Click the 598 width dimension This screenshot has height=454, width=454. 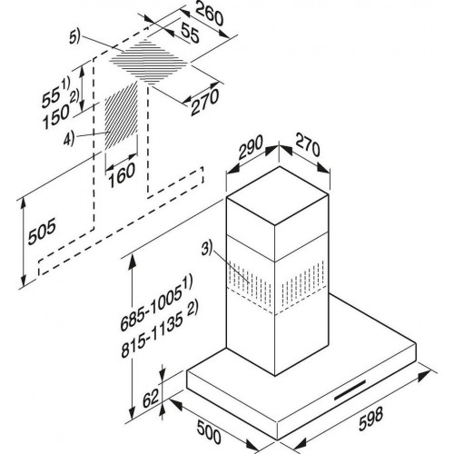coord(370,419)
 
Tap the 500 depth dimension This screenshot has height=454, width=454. coord(209,432)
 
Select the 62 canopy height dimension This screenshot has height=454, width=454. coord(151,399)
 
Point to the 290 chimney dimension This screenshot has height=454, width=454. coord(250,147)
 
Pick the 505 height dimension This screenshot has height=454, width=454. coord(42,232)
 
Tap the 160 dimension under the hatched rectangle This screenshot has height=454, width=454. coord(122,175)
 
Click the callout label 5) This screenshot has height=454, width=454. coord(74,38)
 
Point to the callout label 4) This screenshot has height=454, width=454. coord(69,139)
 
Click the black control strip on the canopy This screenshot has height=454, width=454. coord(350,390)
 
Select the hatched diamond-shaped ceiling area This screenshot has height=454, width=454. coord(149,62)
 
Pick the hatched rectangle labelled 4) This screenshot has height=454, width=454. coord(122,116)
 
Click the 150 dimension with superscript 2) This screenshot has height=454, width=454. coord(61,111)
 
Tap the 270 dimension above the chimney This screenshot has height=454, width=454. coord(308,145)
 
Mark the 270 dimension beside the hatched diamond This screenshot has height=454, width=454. coord(204,102)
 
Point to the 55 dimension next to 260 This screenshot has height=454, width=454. coord(191,33)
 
